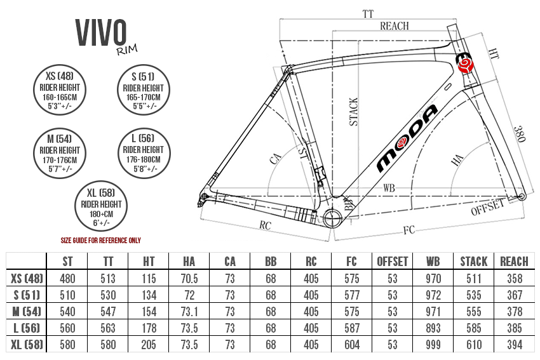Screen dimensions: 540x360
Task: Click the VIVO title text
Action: [x=101, y=32]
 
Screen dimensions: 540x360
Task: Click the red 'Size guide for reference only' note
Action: [x=100, y=240]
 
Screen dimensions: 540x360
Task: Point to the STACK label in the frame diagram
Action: [x=354, y=112]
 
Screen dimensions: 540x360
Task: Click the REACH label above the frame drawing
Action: [x=395, y=26]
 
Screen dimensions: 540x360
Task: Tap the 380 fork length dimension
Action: [x=519, y=133]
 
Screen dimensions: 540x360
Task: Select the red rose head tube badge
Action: [x=466, y=63]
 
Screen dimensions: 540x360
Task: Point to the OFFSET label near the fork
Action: [x=488, y=207]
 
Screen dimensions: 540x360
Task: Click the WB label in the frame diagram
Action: [x=389, y=188]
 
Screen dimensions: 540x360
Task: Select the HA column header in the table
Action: [x=189, y=262]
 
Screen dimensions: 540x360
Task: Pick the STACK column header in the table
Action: [x=474, y=262]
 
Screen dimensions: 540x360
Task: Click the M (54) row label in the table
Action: [x=27, y=312]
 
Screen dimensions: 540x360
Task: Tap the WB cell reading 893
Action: [x=433, y=328]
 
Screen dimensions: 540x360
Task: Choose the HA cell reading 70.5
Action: [x=189, y=279]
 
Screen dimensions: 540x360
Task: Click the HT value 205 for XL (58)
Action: [x=149, y=345]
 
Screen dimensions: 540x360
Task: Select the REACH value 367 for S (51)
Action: [x=515, y=295]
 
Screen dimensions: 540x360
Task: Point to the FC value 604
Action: [x=352, y=345]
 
